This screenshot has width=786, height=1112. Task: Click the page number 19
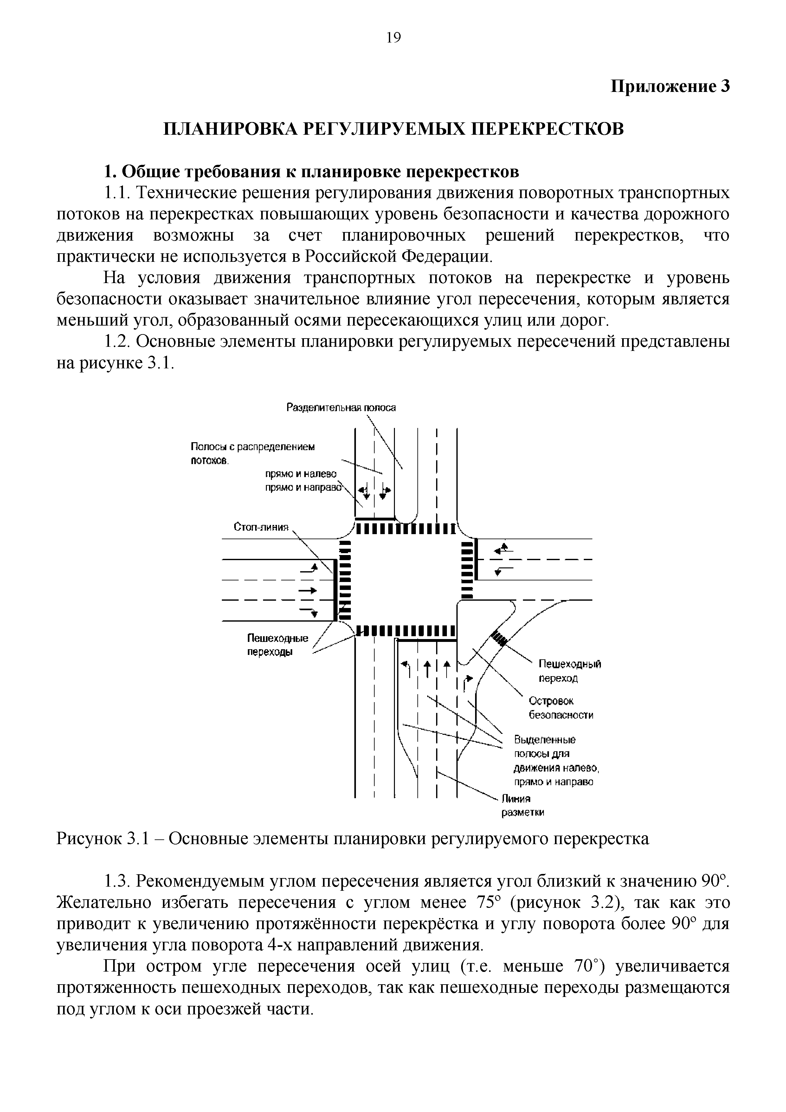pos(394,37)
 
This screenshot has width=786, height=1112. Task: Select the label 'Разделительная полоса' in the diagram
pos(341,408)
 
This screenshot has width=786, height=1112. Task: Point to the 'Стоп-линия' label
pos(261,527)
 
